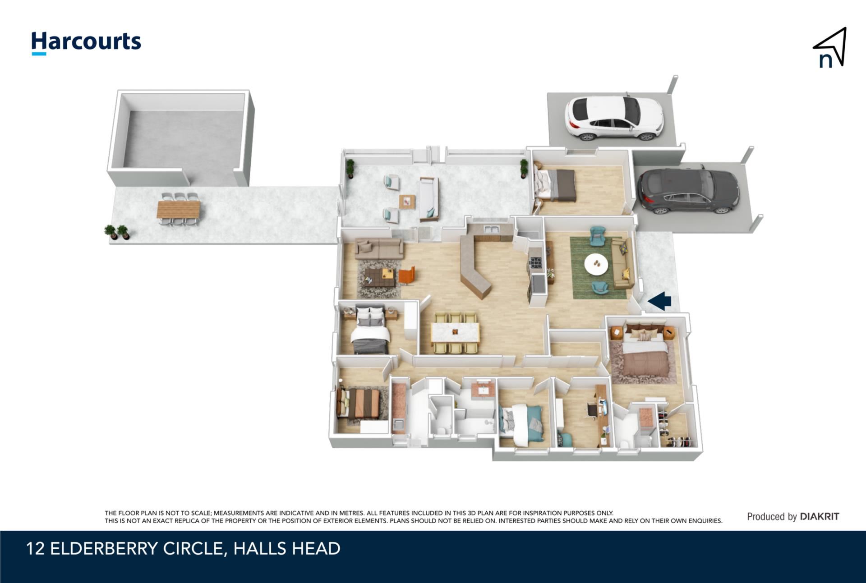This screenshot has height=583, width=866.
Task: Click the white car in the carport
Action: pyautogui.click(x=613, y=118)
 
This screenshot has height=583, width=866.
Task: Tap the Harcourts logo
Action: pyautogui.click(x=86, y=43)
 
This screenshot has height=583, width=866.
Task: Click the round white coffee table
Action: pyautogui.click(x=596, y=264)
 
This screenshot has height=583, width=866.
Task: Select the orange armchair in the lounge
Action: pyautogui.click(x=406, y=275)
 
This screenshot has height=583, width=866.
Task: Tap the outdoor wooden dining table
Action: pyautogui.click(x=179, y=210)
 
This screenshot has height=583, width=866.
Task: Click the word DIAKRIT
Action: pyautogui.click(x=820, y=517)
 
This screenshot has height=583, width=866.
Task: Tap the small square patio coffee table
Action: pyautogui.click(x=407, y=202)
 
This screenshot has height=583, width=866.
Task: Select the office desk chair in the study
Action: pyautogui.click(x=592, y=410)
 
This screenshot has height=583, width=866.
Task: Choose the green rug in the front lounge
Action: pyautogui.click(x=599, y=267)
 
